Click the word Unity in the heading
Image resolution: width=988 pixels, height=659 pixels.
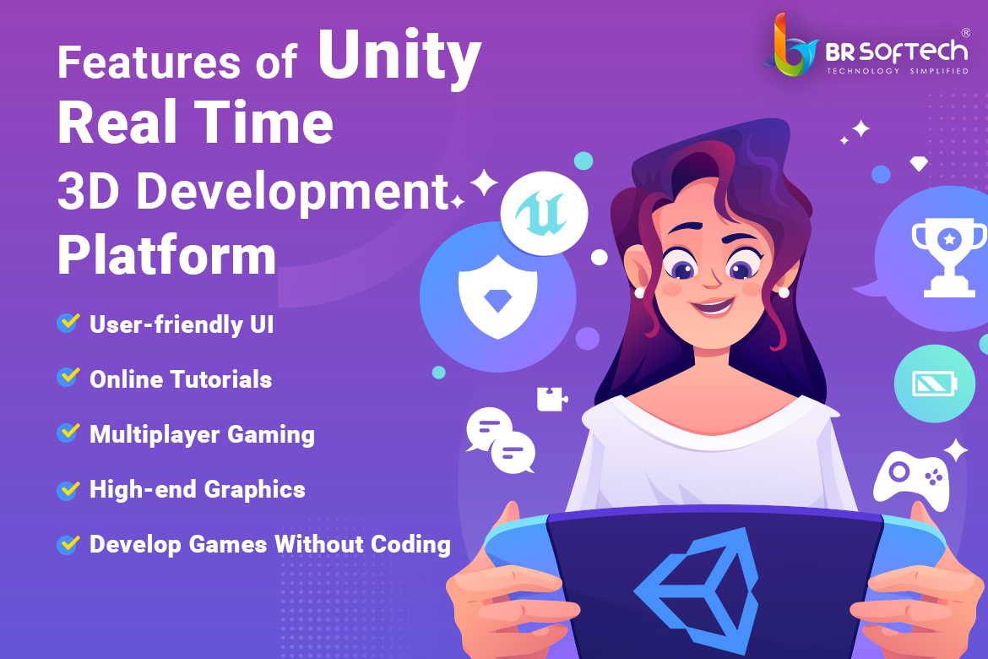click(x=399, y=58)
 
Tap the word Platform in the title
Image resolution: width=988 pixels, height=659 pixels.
click(x=167, y=255)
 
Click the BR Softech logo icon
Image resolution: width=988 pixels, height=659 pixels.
click(x=790, y=45)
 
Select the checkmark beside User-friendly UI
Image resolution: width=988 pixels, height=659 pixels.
click(x=68, y=322)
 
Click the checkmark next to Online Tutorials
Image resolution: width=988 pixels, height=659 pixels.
click(x=68, y=377)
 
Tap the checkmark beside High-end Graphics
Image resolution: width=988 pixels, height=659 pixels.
click(x=68, y=489)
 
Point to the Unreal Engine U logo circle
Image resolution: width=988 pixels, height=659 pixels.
click(x=545, y=213)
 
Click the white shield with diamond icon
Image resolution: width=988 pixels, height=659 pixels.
click(x=497, y=297)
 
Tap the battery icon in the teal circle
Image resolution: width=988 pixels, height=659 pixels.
click(x=935, y=384)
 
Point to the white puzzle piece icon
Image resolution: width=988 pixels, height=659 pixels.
click(x=552, y=399)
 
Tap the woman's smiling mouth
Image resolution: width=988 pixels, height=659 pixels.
click(x=713, y=307)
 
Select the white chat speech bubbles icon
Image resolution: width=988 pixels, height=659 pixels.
click(x=501, y=440)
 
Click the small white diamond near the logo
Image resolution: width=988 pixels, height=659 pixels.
click(x=919, y=164)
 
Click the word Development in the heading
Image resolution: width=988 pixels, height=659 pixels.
click(x=292, y=193)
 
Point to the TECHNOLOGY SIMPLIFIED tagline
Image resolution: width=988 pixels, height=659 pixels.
click(x=898, y=71)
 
